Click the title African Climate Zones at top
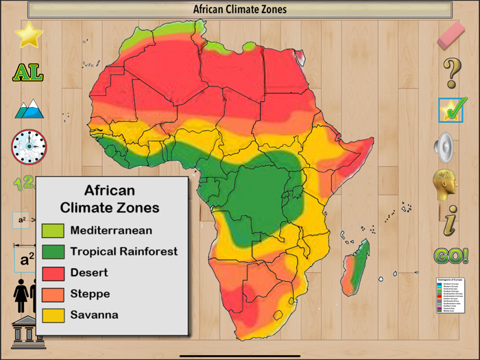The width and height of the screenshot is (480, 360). (239, 10)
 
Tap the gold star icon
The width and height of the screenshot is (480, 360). (29, 35)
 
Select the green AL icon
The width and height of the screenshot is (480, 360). (28, 73)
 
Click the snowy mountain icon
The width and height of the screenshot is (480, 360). (29, 109)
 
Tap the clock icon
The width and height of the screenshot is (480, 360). (29, 146)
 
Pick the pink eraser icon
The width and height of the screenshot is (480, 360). (451, 34)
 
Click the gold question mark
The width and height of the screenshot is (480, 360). (451, 72)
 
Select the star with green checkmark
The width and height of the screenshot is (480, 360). (452, 110)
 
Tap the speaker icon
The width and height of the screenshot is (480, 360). (446, 147)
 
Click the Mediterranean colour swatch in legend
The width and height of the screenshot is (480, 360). (53, 231)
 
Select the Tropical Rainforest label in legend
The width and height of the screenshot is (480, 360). (123, 252)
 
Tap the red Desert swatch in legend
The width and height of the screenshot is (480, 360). (53, 273)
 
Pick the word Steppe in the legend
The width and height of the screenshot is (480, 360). (90, 294)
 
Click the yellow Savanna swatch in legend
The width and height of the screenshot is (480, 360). (53, 315)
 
